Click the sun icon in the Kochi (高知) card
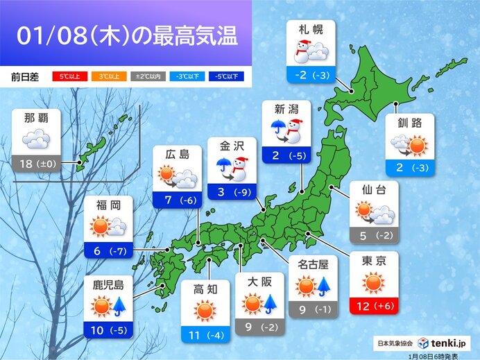coord(205,310)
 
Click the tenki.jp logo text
coord(452,343)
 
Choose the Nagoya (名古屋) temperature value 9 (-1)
coord(314,307)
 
